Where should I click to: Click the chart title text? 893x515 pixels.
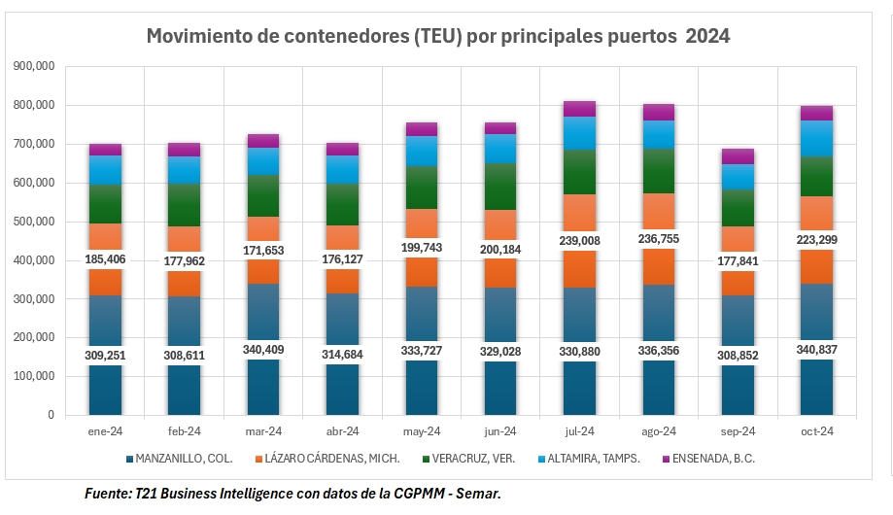coord(437,37)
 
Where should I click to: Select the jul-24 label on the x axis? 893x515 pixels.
coord(579,430)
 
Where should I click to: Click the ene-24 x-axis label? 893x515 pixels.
coord(105,430)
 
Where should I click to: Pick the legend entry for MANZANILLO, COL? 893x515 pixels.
coord(179,458)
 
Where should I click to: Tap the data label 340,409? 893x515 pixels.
coord(263,350)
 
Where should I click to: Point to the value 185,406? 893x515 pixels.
coord(105,259)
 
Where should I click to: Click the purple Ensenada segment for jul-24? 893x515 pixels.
coord(579,108)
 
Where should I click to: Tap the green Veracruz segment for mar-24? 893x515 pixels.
coord(263,195)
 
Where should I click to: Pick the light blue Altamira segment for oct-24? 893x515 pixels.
coord(816,138)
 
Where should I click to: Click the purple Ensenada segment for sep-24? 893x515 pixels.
coord(738,156)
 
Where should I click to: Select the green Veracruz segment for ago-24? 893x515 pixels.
coord(658,171)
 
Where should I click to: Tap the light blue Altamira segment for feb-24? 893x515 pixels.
coord(184,170)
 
